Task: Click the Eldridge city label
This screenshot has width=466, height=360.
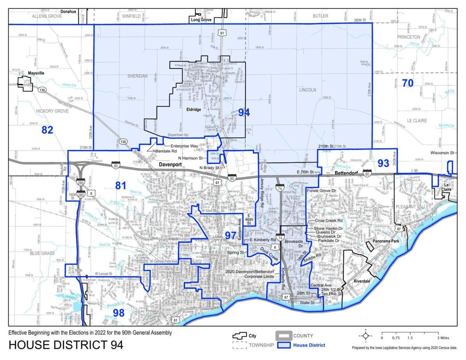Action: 193,110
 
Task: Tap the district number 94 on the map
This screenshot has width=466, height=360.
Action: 244,113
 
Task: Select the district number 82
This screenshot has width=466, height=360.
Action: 47,130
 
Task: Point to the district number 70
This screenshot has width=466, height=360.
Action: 407,83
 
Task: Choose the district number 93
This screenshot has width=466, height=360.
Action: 383,163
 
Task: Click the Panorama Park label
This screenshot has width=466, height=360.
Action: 387,241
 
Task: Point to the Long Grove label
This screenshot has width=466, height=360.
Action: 201,19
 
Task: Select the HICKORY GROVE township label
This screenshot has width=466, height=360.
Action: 52,111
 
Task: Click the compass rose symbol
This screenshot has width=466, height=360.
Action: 365,336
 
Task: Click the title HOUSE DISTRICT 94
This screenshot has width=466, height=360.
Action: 66,344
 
